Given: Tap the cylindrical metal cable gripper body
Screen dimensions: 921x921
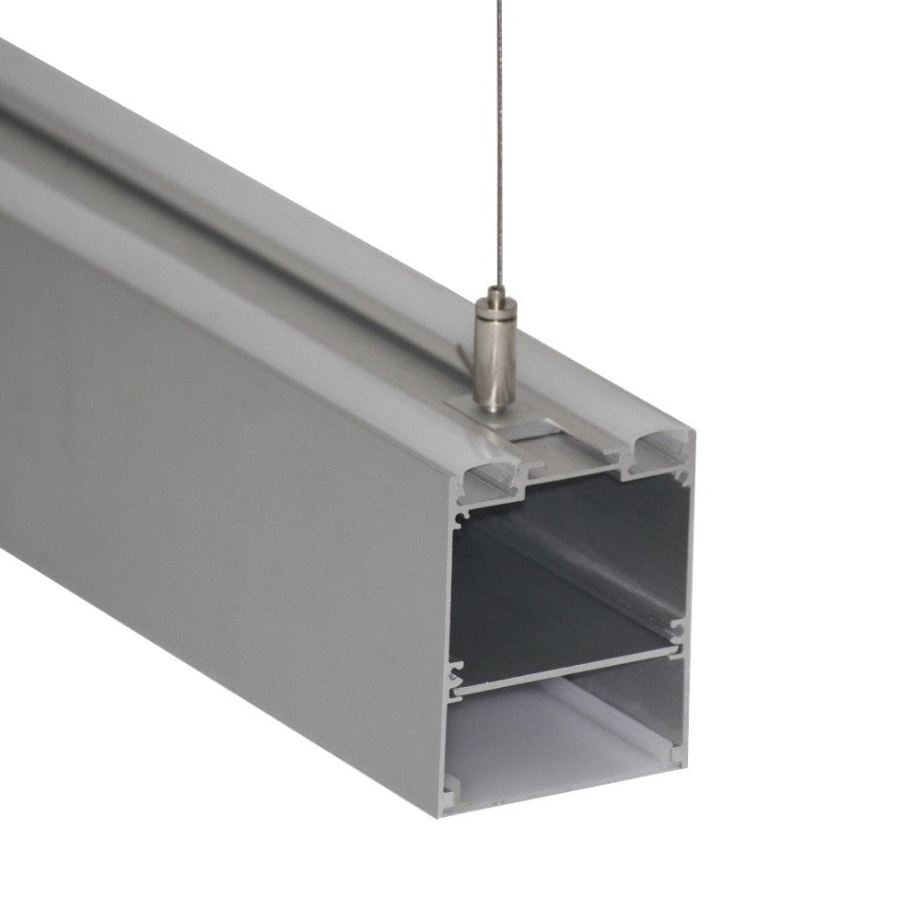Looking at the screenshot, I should pos(491,359).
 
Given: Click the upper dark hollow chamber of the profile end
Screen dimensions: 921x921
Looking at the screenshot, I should pos(562,571).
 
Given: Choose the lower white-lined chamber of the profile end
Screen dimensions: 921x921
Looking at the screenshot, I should pos(562,737).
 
